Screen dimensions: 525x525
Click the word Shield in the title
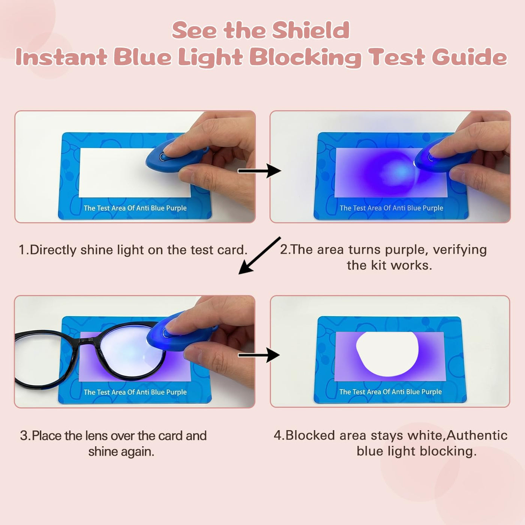310,30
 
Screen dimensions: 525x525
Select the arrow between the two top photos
259,171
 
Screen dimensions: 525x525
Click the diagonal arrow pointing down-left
259,255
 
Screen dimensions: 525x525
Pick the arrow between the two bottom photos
259,355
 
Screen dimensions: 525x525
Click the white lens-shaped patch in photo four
387,353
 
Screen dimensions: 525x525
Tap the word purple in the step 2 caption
404,250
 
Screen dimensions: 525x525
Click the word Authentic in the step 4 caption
477,435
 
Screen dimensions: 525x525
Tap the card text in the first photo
135,208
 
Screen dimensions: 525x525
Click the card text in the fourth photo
390,392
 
